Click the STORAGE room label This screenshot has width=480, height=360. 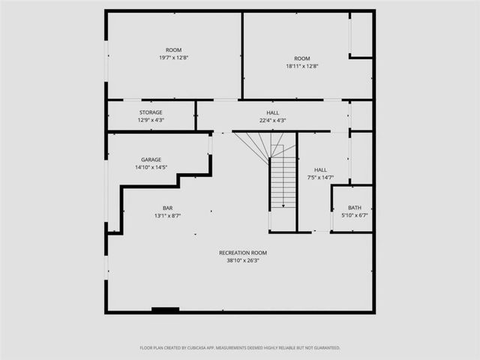[150, 112]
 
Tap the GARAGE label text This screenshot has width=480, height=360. [151, 160]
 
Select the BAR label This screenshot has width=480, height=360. [168, 208]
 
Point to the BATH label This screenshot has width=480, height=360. [355, 208]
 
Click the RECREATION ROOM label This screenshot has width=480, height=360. [243, 253]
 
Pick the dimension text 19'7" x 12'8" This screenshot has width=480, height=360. [173, 58]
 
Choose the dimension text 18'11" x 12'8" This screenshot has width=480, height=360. [302, 66]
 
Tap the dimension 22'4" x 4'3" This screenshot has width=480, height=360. [273, 120]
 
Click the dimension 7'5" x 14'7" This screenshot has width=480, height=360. [320, 178]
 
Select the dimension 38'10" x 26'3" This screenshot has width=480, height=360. [243, 261]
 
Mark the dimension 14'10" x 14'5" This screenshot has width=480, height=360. [151, 167]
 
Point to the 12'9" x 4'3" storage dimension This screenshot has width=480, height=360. [150, 120]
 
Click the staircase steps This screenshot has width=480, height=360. [283, 180]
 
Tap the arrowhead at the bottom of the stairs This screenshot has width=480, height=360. [283, 205]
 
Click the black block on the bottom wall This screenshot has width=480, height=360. [165, 309]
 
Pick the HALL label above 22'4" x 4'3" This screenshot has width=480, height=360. [273, 112]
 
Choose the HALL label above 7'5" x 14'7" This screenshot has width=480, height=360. [320, 170]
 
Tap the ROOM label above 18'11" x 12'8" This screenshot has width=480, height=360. [302, 58]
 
